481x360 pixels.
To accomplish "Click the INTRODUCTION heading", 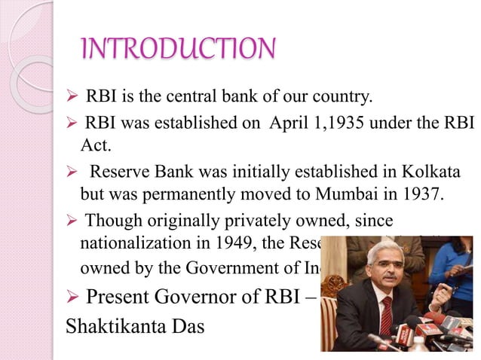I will click(x=179, y=50).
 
